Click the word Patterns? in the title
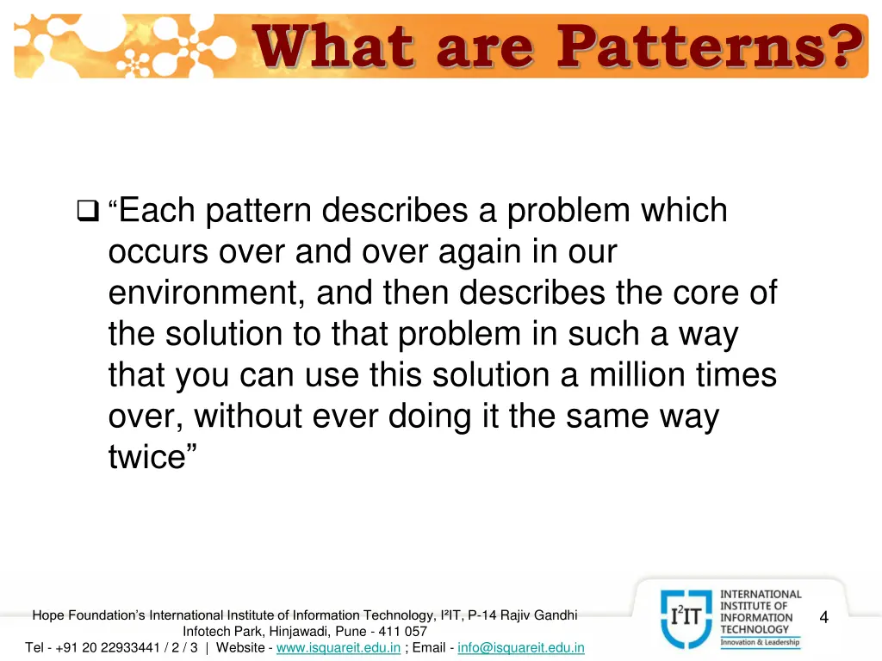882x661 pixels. coord(709,47)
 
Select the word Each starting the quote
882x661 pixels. coord(157,210)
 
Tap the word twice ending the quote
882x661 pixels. coord(146,458)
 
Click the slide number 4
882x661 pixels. coord(823,617)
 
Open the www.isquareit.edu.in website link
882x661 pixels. coord(338,647)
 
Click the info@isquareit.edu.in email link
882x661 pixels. coord(521,647)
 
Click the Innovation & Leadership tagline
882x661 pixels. coord(760,642)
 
